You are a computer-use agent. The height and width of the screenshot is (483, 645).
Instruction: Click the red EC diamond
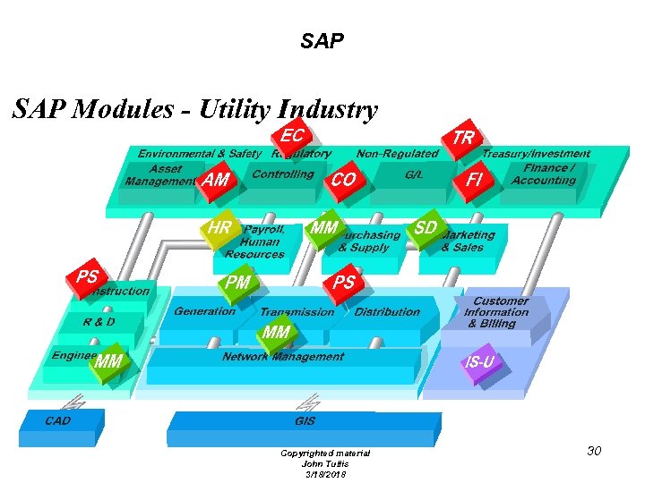[292, 137]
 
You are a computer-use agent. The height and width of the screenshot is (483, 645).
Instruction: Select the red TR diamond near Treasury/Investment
[463, 138]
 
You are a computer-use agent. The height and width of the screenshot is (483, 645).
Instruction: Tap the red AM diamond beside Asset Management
[216, 180]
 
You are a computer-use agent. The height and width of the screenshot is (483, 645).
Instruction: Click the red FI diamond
[474, 180]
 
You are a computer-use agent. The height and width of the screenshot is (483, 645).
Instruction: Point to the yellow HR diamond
[219, 229]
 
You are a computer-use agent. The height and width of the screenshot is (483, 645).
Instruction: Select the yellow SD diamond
[426, 229]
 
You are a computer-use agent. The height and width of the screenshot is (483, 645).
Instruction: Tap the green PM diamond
[238, 284]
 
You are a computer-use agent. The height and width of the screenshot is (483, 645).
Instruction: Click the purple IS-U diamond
[479, 362]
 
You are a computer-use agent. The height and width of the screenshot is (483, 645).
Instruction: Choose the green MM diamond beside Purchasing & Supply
[323, 229]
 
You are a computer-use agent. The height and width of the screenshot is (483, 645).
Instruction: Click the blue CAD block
[59, 421]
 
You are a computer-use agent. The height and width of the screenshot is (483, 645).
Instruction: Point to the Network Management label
[283, 357]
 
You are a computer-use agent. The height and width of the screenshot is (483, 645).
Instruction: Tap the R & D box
[99, 322]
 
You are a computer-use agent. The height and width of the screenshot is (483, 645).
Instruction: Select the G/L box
[414, 175]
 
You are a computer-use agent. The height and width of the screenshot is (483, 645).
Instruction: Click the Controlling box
[282, 174]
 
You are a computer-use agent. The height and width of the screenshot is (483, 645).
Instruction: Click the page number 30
[594, 451]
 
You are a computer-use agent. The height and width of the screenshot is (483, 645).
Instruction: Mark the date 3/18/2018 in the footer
[324, 473]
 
